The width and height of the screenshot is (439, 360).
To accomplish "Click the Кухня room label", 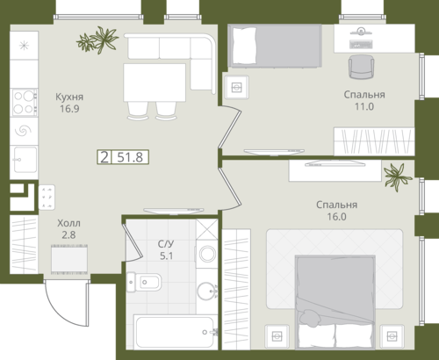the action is tap(69, 97).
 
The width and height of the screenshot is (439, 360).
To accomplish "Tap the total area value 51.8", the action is tap(130, 157).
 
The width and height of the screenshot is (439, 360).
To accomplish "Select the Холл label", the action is tap(68, 223).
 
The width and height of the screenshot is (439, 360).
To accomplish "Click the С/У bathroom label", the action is tap(166, 244).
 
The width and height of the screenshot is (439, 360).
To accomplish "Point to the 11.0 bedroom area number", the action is tap(364, 106).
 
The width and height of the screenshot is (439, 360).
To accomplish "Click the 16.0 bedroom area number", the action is tap(336, 217).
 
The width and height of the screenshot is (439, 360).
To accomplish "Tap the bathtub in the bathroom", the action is tap(176, 332).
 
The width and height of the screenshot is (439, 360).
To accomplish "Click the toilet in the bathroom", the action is tap(144, 282).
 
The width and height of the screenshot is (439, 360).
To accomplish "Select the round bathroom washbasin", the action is tap(207, 291).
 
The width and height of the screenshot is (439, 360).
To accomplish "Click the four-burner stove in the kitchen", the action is tap(25, 102).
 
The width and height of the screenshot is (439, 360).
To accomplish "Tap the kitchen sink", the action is tap(25, 160).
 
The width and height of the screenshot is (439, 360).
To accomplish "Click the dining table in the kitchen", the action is tap(155, 83).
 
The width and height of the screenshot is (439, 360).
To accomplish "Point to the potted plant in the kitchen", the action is tap(97, 40).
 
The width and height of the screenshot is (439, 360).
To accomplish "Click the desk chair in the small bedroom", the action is tap(361, 67).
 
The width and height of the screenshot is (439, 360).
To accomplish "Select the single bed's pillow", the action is tap(243, 46).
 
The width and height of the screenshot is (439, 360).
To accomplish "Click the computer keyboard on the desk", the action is tap(361, 44).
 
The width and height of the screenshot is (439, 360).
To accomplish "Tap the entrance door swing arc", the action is tap(61, 312).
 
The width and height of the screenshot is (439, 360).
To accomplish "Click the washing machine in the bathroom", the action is tap(207, 254).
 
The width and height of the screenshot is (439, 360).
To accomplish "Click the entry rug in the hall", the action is tap(69, 259).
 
